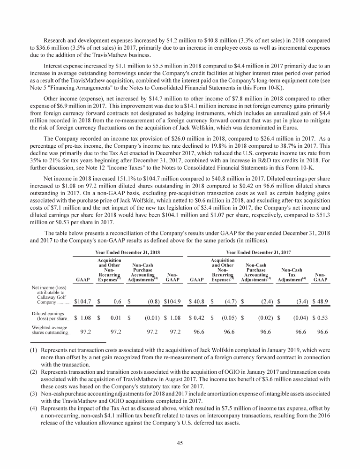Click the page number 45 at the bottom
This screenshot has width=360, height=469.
tap(180, 445)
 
